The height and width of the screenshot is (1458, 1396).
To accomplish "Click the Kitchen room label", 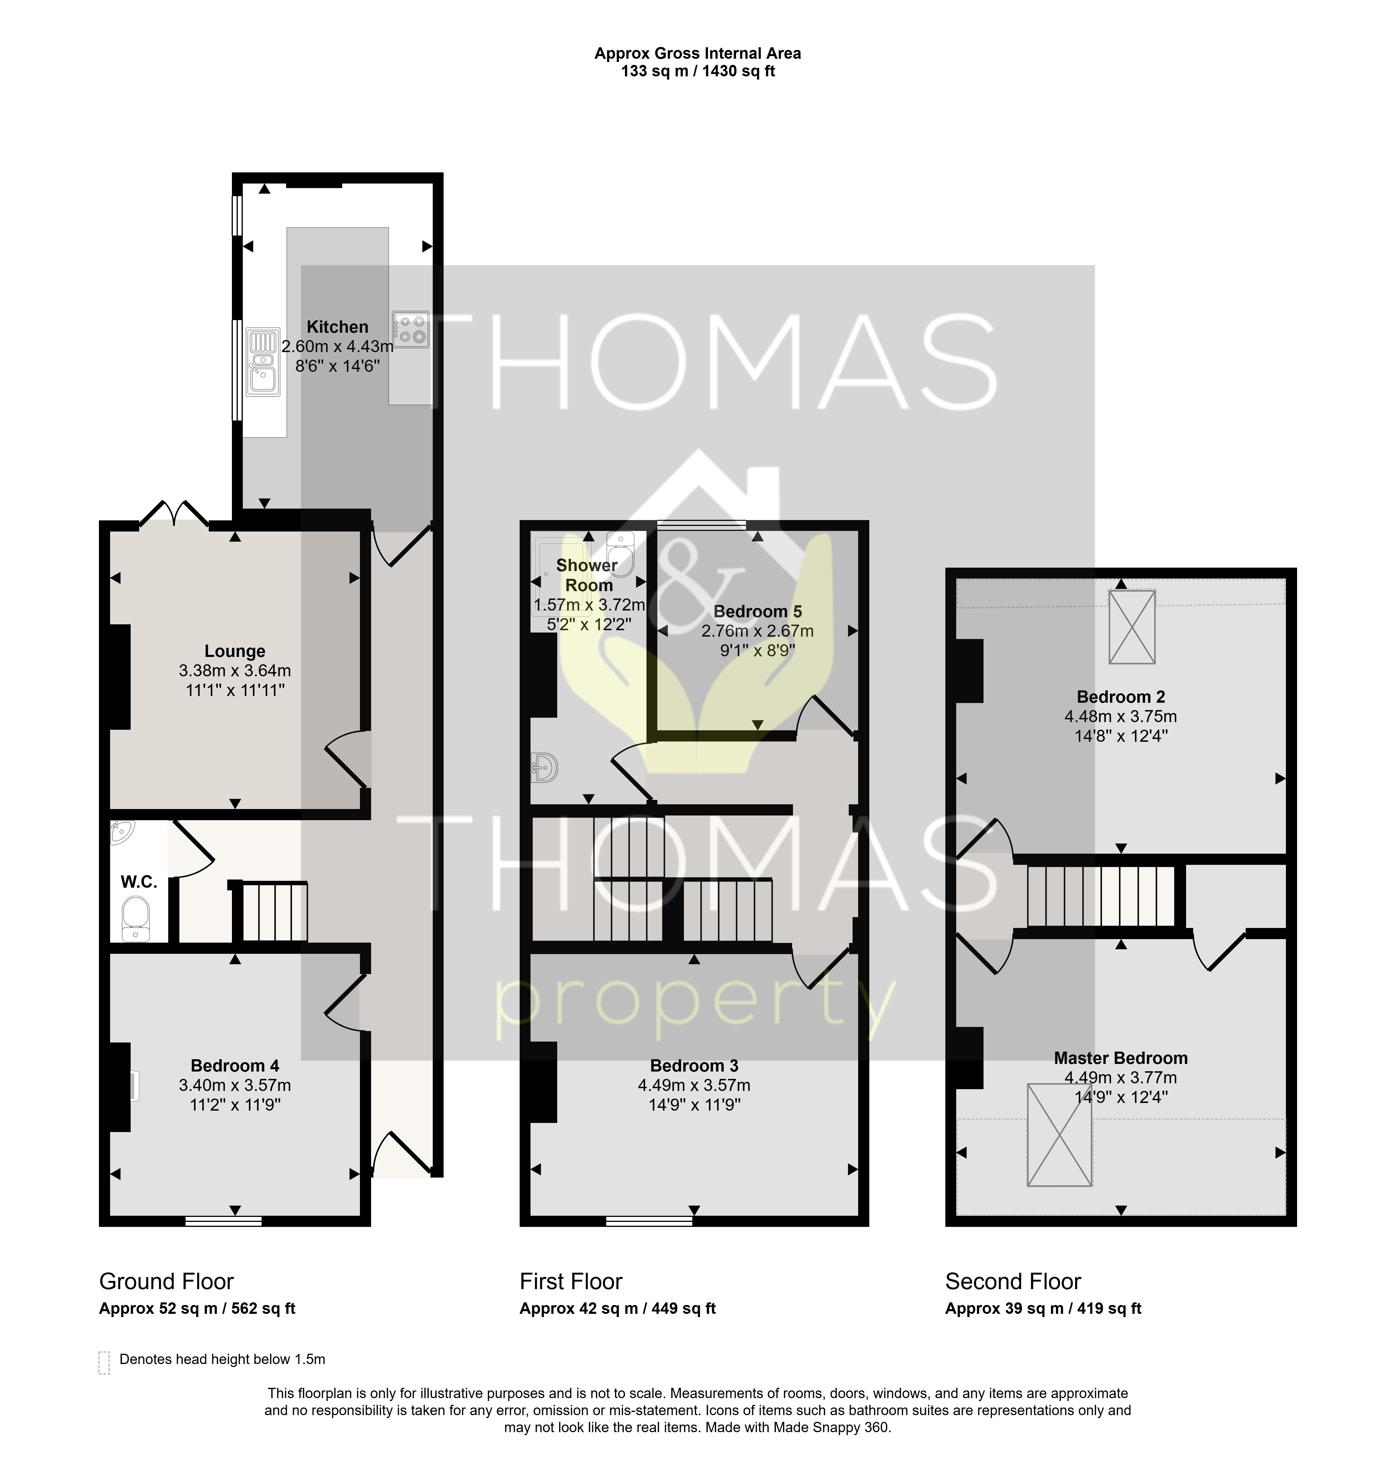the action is [337, 327].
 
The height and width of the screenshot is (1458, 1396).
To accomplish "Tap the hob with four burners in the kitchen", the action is [410, 329].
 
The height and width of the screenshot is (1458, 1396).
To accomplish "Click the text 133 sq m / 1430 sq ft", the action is [698, 71].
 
